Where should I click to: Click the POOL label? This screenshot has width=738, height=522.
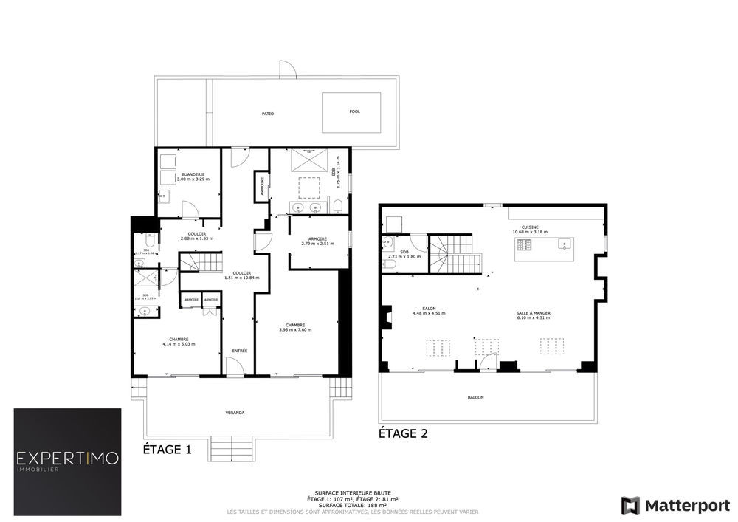pos(354,112)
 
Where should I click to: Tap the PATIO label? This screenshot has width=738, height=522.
pos(267,114)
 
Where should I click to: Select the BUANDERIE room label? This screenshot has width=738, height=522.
pos(190,174)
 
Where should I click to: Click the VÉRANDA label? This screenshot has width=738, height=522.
pos(235,412)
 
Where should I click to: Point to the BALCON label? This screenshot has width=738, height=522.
pos(476,398)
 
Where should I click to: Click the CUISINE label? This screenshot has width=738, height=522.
pos(530,227)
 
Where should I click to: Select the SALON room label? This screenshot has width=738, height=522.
pos(429,309)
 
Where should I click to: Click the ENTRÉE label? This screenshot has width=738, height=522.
pos(240,350)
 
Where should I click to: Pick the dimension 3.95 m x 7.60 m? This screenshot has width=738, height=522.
pos(295,330)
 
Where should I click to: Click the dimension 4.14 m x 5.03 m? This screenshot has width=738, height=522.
pos(179,344)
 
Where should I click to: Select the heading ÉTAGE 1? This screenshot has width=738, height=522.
pos(167,448)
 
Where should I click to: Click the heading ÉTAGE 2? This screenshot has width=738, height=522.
pos(403,433)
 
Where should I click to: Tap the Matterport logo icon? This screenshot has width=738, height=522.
pos(630,505)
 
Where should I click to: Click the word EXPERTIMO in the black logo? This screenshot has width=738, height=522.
pos(67,459)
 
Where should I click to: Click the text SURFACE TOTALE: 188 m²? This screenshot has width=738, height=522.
pos(352,505)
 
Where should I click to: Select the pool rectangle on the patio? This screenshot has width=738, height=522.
pos(351,112)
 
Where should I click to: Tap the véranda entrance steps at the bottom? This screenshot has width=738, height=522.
pos(232,447)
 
